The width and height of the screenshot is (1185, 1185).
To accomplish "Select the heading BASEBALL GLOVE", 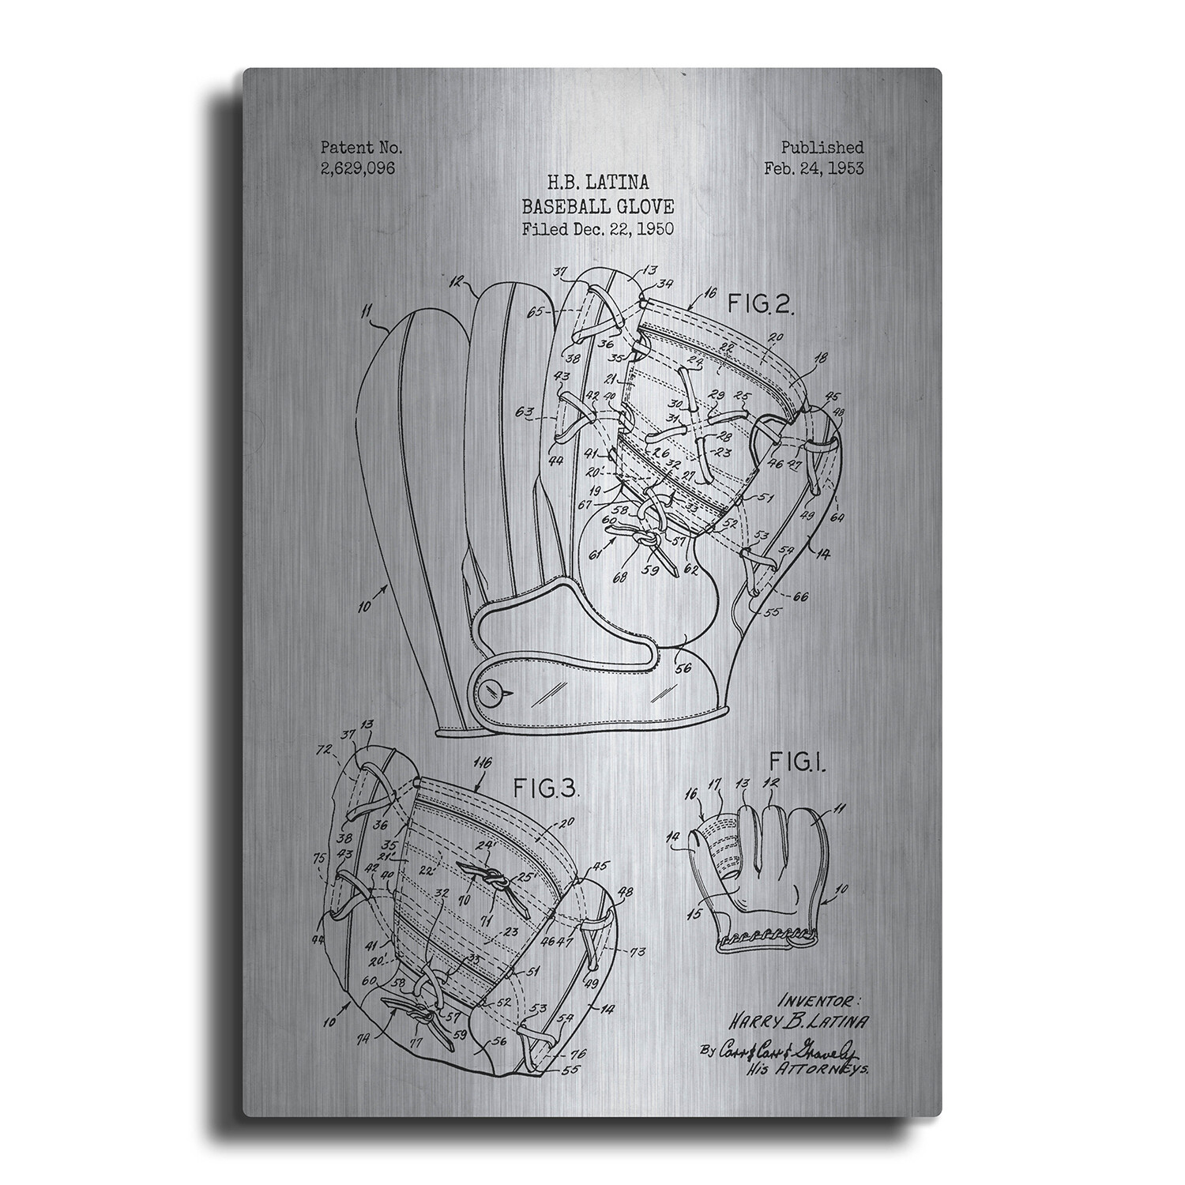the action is [597, 207].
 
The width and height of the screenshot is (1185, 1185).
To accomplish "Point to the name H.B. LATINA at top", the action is [597, 182].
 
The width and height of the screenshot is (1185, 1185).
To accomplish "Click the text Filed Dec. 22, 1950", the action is [597, 230].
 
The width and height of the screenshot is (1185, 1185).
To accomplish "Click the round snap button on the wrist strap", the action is [488, 692].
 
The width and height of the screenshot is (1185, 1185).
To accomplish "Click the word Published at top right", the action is [822, 147].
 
